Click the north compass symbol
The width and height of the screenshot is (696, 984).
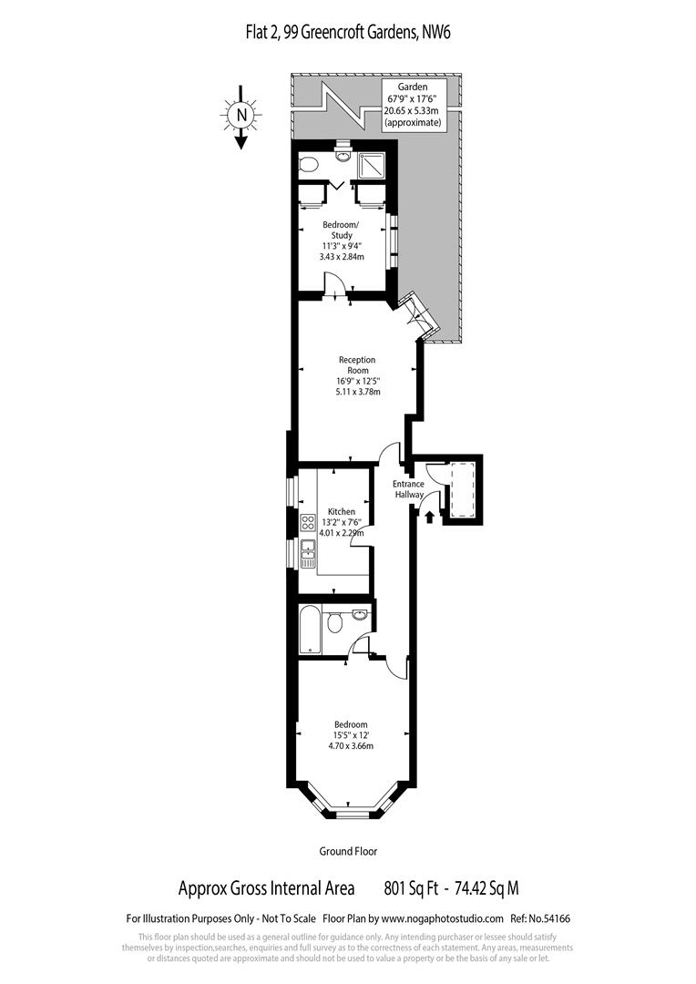(241, 115)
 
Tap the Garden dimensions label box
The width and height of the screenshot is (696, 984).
(413, 104)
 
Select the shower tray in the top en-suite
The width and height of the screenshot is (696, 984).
(372, 166)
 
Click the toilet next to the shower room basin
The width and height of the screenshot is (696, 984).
(309, 164)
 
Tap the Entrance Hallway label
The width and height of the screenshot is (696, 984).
(409, 489)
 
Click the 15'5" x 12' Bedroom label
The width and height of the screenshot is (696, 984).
(351, 735)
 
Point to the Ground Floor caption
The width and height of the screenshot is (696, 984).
(348, 851)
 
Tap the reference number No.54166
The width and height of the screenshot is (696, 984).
(549, 918)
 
